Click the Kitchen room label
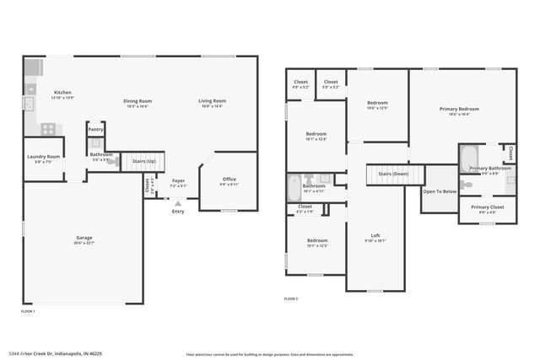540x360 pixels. click(63, 93)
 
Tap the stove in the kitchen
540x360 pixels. click(48, 129)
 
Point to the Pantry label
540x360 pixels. click(95, 129)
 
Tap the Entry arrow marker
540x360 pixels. click(177, 202)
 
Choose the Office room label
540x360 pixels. click(229, 179)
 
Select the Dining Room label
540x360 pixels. click(137, 102)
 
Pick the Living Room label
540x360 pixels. click(211, 102)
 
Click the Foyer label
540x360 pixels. click(178, 180)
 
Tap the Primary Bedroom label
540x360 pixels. click(459, 109)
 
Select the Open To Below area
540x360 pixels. click(440, 191)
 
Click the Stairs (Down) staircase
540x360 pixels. click(393, 175)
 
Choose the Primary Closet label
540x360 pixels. click(487, 207)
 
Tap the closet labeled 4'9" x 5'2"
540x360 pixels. click(300, 83)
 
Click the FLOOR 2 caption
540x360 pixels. click(291, 299)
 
